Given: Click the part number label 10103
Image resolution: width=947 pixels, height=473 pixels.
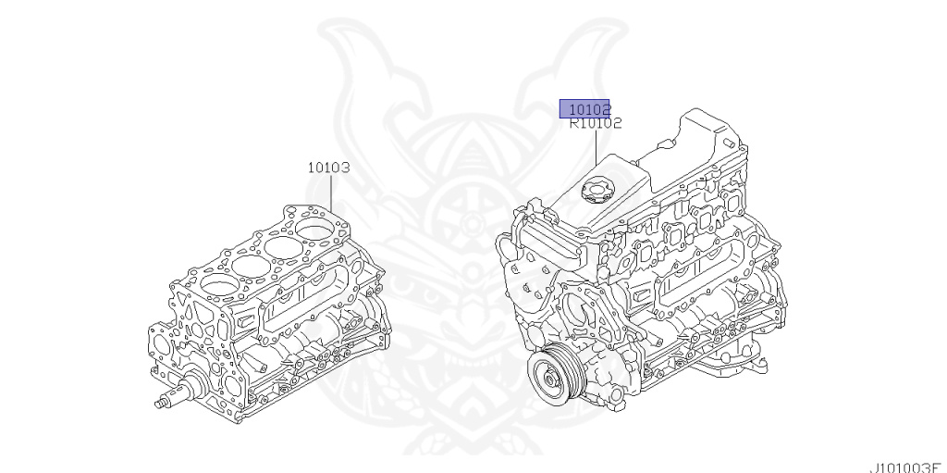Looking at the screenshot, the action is pos(328,168).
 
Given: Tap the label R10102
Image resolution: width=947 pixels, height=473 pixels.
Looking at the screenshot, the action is pos(596,123).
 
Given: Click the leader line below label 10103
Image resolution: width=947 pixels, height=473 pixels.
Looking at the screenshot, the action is pos(332,193).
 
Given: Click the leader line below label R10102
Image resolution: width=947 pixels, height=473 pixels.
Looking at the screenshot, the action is pos(596,147).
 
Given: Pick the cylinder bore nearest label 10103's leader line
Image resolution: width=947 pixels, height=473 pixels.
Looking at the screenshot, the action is pos(314,230).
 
